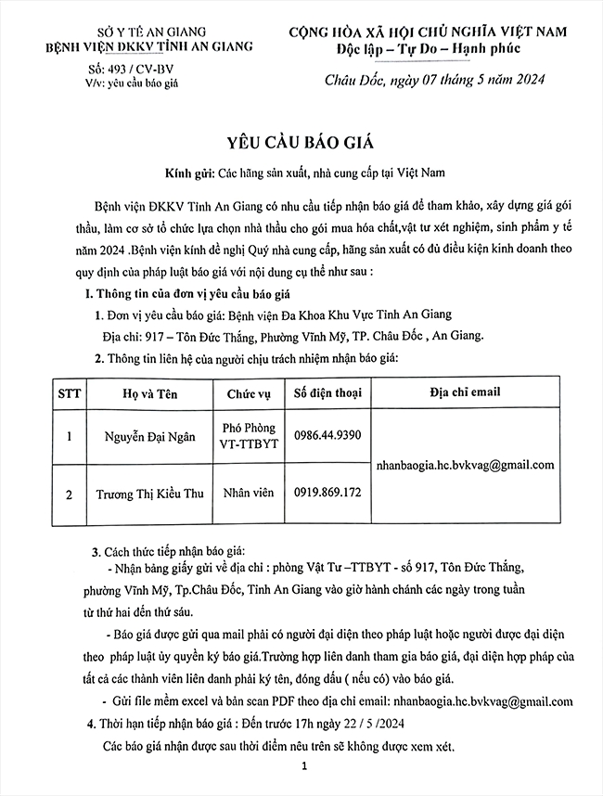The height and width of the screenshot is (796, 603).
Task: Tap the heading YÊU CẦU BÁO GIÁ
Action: [x=301, y=142]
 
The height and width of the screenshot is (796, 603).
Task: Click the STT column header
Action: [x=70, y=392]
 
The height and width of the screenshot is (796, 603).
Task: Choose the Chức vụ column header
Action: [x=249, y=392]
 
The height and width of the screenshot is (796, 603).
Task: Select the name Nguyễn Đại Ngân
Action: [x=149, y=437]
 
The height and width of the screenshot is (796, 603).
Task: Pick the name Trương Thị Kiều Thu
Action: [x=149, y=493]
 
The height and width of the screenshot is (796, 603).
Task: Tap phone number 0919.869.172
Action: [x=327, y=493]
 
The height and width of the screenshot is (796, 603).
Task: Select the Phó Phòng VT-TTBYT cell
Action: [x=249, y=436]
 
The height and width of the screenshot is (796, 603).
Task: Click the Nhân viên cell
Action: [x=249, y=493]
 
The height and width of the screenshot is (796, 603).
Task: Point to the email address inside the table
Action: [x=465, y=465]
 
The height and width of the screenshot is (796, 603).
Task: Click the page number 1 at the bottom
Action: [x=303, y=767]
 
